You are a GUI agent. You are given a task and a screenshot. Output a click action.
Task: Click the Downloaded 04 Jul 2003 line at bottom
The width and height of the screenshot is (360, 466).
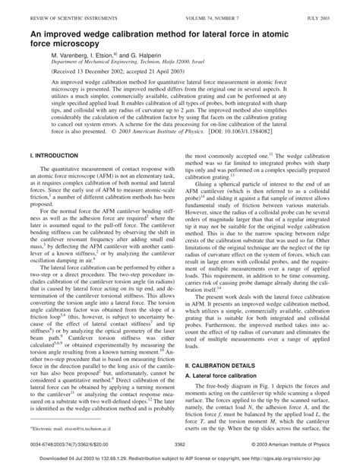[180, 458]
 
